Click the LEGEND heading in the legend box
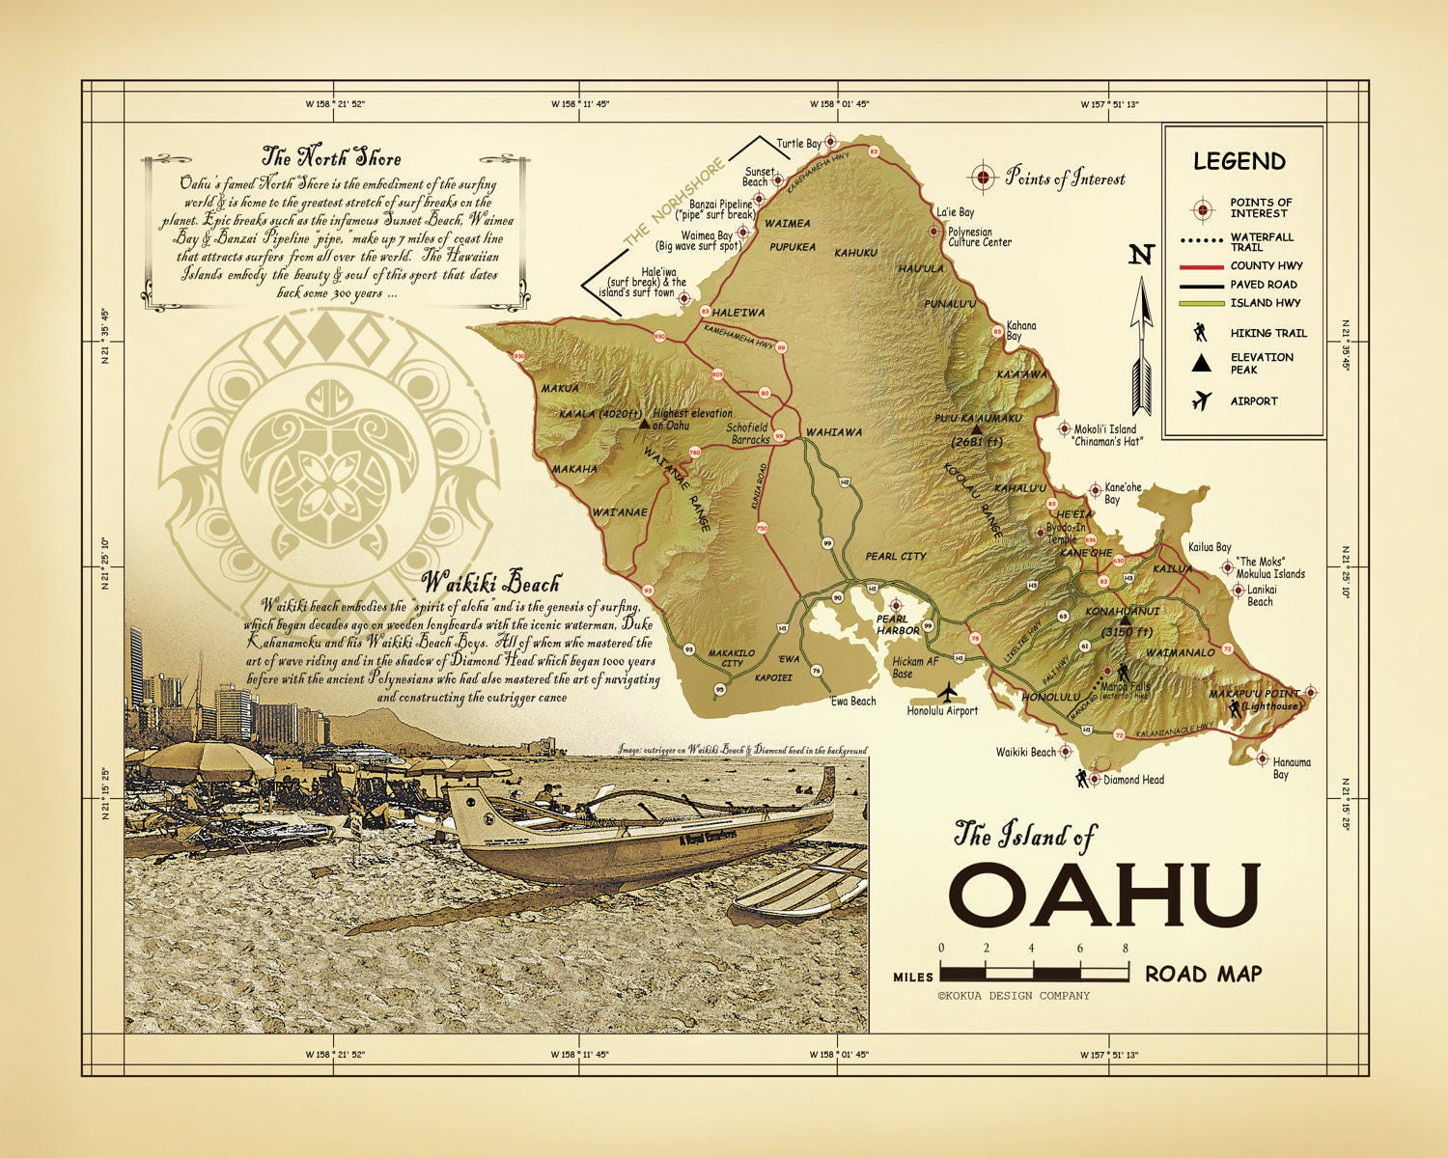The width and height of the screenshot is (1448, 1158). pos(1239,161)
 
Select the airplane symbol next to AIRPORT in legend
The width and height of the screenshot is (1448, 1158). pos(1202,400)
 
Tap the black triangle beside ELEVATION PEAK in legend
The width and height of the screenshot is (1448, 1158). pos(1201,363)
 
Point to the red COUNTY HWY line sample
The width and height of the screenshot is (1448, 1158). pos(1201,265)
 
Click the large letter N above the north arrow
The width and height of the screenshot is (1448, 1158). pos(1142,255)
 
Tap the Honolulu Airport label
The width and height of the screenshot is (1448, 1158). pos(942,711)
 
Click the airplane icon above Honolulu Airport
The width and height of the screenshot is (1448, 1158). pos(949,692)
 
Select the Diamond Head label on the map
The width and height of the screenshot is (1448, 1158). pos(1133,780)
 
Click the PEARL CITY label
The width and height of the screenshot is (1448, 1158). pos(895,557)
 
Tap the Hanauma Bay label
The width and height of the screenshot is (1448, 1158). pos(1292,768)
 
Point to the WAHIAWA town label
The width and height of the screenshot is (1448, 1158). pos(833,432)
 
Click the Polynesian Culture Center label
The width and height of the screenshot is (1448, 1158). pos(979,237)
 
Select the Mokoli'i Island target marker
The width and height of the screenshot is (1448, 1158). pos(1065,428)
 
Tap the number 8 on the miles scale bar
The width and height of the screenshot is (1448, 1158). pos(1126,949)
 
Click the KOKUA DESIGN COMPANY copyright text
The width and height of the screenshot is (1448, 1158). pos(1013,996)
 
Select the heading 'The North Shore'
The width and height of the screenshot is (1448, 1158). pos(331,156)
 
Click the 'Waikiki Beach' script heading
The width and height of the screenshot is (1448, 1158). pos(491,583)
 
